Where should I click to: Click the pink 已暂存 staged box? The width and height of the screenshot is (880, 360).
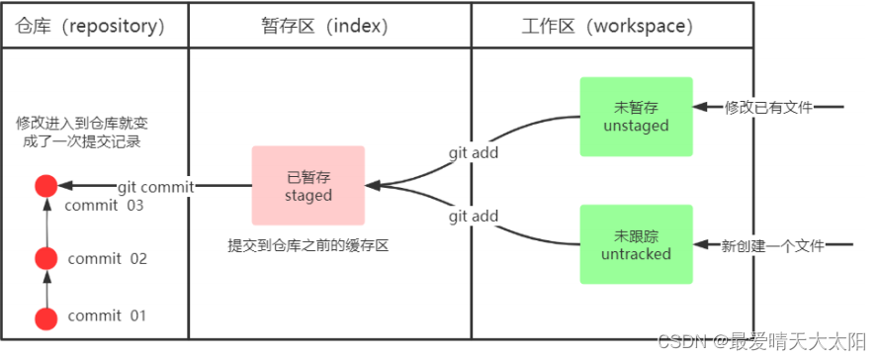(x=308, y=186)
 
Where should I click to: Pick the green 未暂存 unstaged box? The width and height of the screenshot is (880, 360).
(x=636, y=116)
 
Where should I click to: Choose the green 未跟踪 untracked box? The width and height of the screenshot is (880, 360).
(x=636, y=243)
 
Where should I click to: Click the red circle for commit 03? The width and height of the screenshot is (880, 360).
(x=44, y=186)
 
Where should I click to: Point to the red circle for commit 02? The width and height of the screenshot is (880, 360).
(x=44, y=259)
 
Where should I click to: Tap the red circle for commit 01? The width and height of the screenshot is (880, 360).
(x=44, y=318)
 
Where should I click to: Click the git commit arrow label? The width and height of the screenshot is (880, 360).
(x=155, y=186)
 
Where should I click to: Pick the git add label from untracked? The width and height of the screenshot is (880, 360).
(x=474, y=216)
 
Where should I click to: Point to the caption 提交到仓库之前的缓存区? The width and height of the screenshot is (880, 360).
(x=308, y=244)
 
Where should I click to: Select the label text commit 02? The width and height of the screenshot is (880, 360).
(x=107, y=259)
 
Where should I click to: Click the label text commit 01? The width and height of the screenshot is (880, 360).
(x=107, y=316)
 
